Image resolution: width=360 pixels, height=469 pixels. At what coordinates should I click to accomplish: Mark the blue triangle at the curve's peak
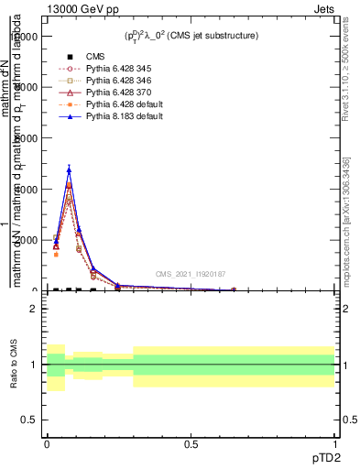click(x=69, y=169)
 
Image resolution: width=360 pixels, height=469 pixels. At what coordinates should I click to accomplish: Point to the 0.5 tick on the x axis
click(x=191, y=444)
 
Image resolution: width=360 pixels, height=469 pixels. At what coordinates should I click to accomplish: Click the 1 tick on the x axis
click(x=334, y=444)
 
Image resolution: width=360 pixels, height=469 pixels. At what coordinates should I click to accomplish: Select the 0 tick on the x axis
click(x=47, y=444)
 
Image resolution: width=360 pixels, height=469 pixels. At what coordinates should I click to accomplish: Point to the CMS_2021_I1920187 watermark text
click(x=190, y=274)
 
